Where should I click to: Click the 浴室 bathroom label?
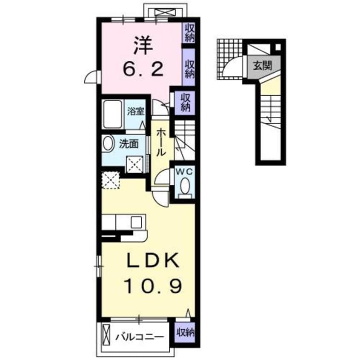tap(136, 111)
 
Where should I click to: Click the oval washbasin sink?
tap(108, 144)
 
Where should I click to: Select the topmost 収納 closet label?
tap(189, 32)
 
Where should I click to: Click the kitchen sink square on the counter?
tap(137, 222)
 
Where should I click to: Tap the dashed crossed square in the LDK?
tap(111, 180)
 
